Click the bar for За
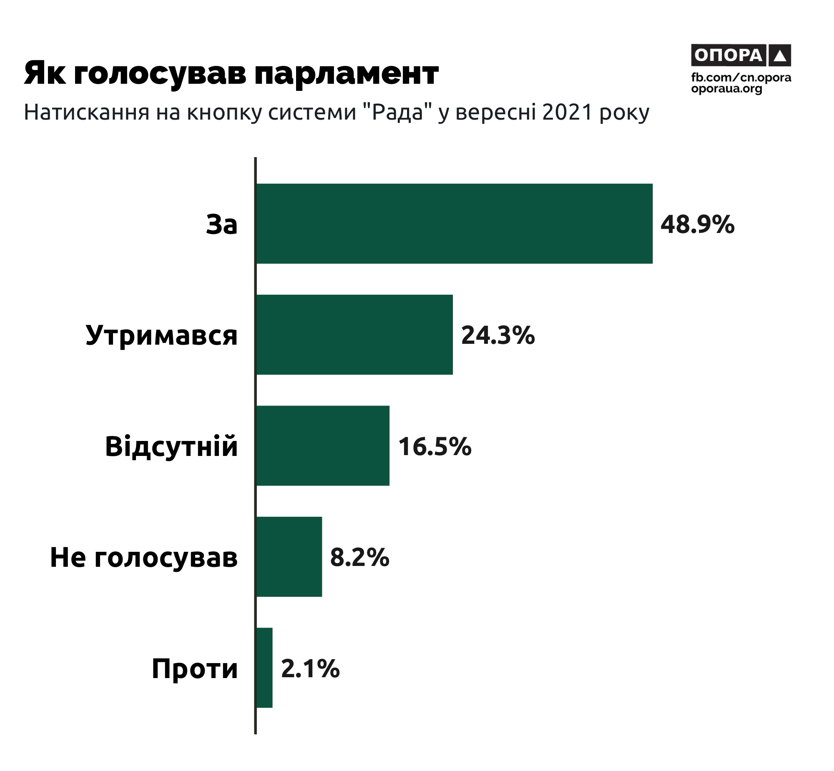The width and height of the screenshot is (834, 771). click(454, 224)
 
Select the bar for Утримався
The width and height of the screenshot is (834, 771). click(354, 335)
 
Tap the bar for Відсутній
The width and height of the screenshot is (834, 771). click(323, 446)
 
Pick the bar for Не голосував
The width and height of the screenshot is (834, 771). click(289, 556)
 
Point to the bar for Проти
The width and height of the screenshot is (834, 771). click(264, 668)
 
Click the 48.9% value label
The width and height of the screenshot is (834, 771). click(697, 225)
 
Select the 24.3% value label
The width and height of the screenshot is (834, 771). click(497, 335)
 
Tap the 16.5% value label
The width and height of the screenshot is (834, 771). click(435, 446)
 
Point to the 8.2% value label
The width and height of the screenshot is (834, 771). click(359, 557)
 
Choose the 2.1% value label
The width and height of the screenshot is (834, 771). click(310, 668)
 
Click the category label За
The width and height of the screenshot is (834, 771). click(222, 225)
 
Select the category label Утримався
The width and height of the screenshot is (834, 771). click(161, 335)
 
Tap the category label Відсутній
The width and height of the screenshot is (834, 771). click(171, 446)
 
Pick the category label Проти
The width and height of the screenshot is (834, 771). click(194, 668)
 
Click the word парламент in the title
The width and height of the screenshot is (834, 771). click(347, 73)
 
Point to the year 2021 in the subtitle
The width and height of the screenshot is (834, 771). click(567, 112)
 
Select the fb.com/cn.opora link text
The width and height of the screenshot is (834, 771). click(741, 78)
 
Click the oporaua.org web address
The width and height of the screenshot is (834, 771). click(727, 88)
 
